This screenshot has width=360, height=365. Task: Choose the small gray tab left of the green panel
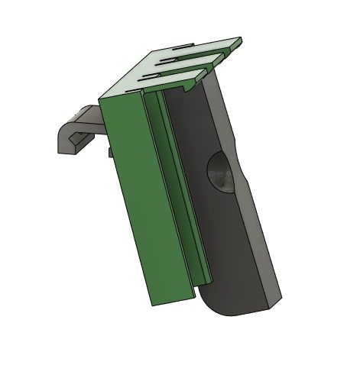[x=111, y=153]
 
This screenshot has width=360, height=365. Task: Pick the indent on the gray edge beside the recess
[x=243, y=183]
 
